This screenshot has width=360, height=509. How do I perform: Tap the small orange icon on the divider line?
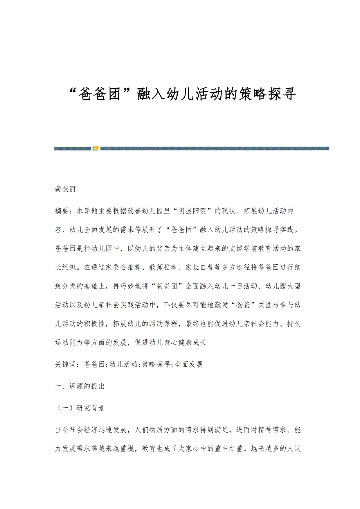pyautogui.click(x=95, y=149)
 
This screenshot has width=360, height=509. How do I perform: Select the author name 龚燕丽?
pyautogui.click(x=65, y=189)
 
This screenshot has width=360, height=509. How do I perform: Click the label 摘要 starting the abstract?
pyautogui.click(x=62, y=211)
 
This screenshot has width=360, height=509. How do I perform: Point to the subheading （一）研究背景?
pyautogui.click(x=80, y=408)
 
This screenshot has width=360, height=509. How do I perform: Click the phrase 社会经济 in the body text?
pyautogui.click(x=86, y=430)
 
